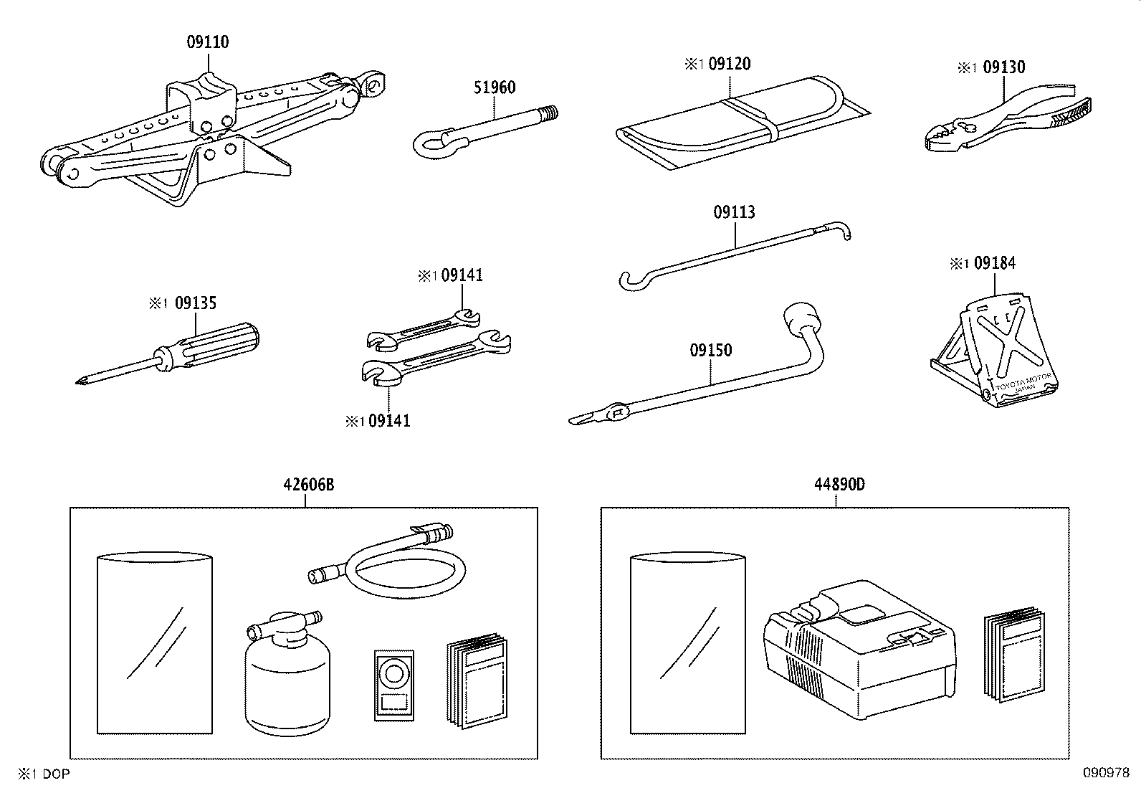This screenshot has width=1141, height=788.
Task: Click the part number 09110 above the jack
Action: (x=208, y=42)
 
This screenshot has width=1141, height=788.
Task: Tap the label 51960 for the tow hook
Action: (x=495, y=87)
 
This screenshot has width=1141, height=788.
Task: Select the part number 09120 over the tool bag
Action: (x=729, y=64)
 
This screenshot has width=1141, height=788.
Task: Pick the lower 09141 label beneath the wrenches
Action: (x=389, y=421)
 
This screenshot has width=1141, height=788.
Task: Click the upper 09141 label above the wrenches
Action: (x=462, y=275)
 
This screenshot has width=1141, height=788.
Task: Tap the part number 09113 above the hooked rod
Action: (x=734, y=212)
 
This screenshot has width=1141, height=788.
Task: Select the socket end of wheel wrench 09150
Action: (x=801, y=319)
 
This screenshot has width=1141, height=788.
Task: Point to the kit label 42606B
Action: (x=309, y=485)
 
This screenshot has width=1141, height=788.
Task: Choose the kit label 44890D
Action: (x=839, y=485)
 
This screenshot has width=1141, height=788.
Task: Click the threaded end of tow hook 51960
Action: (x=550, y=113)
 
